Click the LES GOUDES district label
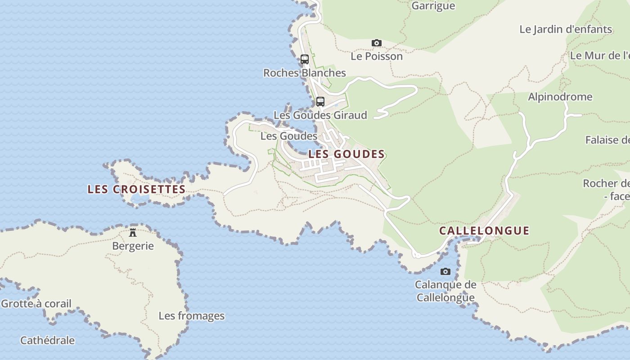346,154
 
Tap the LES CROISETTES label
136,189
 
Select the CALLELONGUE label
484,231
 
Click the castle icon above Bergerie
133,233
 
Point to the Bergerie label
133,246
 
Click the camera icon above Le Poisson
377,43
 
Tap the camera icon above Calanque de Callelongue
445,271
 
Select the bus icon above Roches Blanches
305,59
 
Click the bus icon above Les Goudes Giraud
320,101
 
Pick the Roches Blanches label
305,73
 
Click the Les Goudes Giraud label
320,115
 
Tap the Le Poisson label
377,57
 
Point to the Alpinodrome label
560,97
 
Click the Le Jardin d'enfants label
566,30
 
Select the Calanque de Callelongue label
445,291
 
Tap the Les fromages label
191,316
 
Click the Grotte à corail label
36,304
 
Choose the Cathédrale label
47,341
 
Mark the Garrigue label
433,6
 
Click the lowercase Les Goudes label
289,136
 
